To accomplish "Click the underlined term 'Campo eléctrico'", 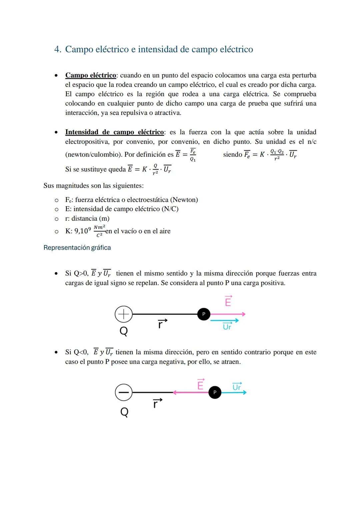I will pyautogui.click(x=90, y=75).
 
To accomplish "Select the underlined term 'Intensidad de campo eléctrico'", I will pyautogui.click(x=114, y=132).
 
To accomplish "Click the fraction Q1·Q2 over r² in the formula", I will pyautogui.click(x=277, y=155).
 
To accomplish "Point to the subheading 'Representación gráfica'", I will pyautogui.click(x=77, y=248).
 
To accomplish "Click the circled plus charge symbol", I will pyautogui.click(x=123, y=314).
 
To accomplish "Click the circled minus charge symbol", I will pyautogui.click(x=123, y=392).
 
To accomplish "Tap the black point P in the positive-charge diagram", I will pyautogui.click(x=204, y=314).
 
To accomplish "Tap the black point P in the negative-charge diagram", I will pyautogui.click(x=215, y=392).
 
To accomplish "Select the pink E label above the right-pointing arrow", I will pyautogui.click(x=228, y=301).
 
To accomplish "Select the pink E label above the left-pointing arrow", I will pyautogui.click(x=200, y=385).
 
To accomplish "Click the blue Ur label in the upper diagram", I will pyautogui.click(x=227, y=327).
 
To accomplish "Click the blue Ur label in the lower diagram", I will pyautogui.click(x=237, y=387).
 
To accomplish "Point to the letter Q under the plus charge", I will pyautogui.click(x=124, y=331).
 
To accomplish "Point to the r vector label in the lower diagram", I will pyautogui.click(x=157, y=404).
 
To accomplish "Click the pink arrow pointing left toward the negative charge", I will pyautogui.click(x=190, y=392).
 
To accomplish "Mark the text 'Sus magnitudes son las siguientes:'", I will pyautogui.click(x=93, y=186).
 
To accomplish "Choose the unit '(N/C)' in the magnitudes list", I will pyautogui.click(x=170, y=209).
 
